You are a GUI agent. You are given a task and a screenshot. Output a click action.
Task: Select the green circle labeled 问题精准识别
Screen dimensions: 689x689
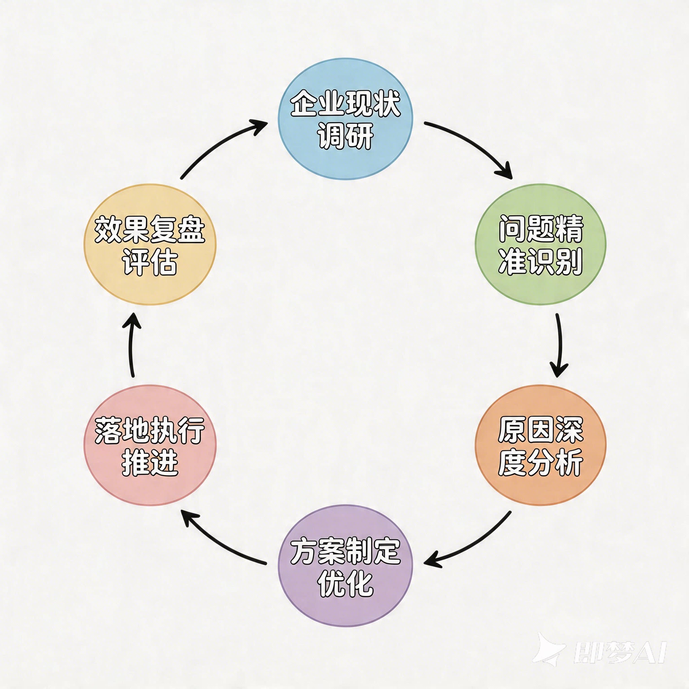pyautogui.click(x=540, y=245)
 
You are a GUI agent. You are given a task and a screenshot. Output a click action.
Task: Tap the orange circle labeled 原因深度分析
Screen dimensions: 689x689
pyautogui.click(x=540, y=445)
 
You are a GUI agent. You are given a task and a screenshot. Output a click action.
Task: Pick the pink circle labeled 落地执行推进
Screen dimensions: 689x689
pyautogui.click(x=150, y=445)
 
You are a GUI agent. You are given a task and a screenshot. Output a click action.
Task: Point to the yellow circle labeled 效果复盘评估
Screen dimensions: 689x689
pyautogui.click(x=150, y=245)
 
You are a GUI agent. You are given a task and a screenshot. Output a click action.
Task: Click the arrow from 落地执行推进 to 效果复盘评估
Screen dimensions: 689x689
pyautogui.click(x=131, y=344)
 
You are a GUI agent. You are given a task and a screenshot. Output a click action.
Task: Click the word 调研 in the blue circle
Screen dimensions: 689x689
pyautogui.click(x=345, y=136)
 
